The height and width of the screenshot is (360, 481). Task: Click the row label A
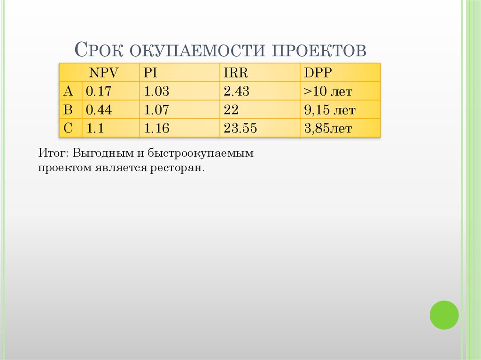click(69, 91)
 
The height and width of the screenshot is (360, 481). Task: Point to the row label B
click(69, 110)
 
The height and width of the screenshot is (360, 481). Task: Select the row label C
click(69, 129)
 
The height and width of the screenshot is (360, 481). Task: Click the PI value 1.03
click(156, 91)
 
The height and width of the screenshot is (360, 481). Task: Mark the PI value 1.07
click(156, 110)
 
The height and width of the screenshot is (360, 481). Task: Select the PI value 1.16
click(156, 129)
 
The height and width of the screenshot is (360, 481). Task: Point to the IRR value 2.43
click(236, 91)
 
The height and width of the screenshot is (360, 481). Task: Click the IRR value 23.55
click(240, 129)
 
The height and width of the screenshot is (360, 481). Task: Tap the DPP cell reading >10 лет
click(328, 91)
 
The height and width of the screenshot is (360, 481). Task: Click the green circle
click(444, 314)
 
